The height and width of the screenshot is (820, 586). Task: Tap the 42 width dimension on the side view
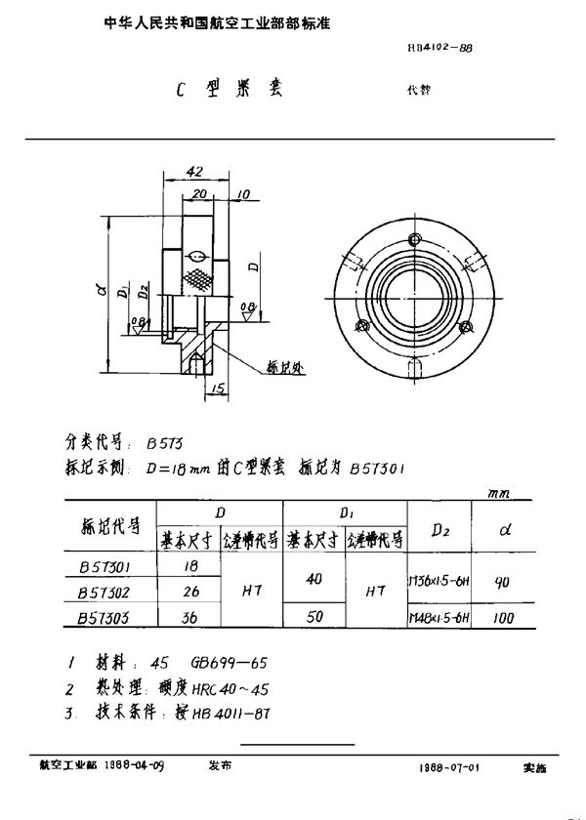(x=192, y=172)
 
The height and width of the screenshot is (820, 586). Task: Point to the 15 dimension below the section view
(x=217, y=389)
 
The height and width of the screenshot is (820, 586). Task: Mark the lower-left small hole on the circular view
(x=364, y=326)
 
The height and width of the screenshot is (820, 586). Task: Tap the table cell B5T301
(x=108, y=566)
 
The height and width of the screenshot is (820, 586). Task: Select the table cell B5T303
(x=108, y=618)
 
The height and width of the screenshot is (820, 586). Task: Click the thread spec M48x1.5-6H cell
(x=437, y=618)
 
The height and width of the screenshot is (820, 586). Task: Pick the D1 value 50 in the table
(x=314, y=618)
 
